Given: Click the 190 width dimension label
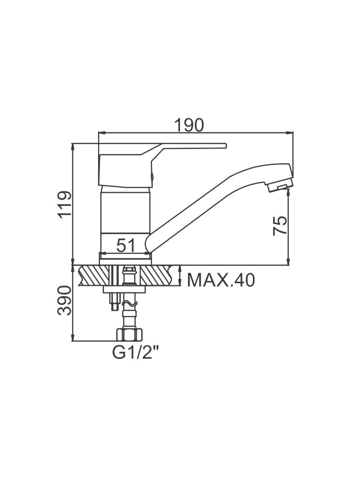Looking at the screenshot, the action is [189, 125].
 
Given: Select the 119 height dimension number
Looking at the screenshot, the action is [64, 205].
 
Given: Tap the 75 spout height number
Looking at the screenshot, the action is [280, 226].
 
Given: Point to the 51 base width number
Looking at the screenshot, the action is [126, 245].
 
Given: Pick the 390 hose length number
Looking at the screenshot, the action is [64, 300].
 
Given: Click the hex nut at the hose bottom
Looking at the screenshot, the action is [129, 334].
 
